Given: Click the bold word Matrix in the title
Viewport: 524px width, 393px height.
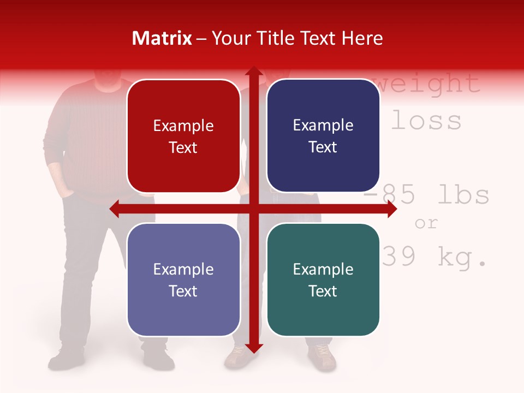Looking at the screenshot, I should click(162, 38).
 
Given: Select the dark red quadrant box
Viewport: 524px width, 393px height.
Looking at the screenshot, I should click(183, 136).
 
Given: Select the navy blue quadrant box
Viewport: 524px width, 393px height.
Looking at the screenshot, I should click(323, 136).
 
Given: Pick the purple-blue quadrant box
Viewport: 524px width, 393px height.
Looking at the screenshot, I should click(183, 280).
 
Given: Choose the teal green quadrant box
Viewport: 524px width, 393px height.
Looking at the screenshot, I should click(323, 280).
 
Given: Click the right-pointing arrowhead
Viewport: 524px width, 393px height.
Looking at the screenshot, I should click(391, 209).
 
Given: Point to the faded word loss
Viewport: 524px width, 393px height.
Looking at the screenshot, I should click(426, 121).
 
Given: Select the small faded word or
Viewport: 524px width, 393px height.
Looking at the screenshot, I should click(426, 223).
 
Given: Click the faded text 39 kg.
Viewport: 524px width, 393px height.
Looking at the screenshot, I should click(434, 258).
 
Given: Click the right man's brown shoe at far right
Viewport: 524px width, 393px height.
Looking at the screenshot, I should click(322, 358).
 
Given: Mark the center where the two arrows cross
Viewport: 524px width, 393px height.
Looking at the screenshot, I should click(253, 209).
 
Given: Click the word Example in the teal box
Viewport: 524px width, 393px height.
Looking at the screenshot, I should click(323, 269).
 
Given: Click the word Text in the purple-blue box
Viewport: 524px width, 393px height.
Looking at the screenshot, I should click(183, 291).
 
